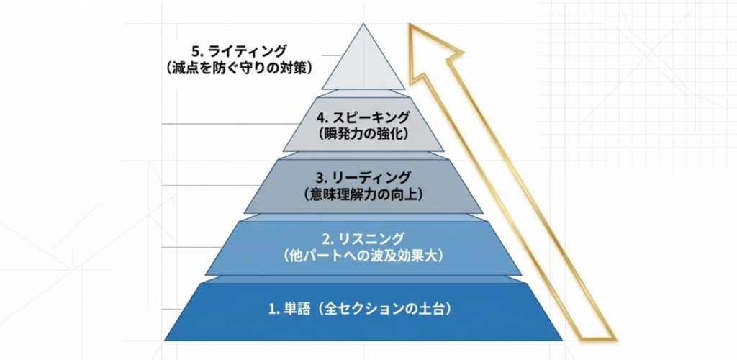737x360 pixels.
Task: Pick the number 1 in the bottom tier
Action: [272, 310]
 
